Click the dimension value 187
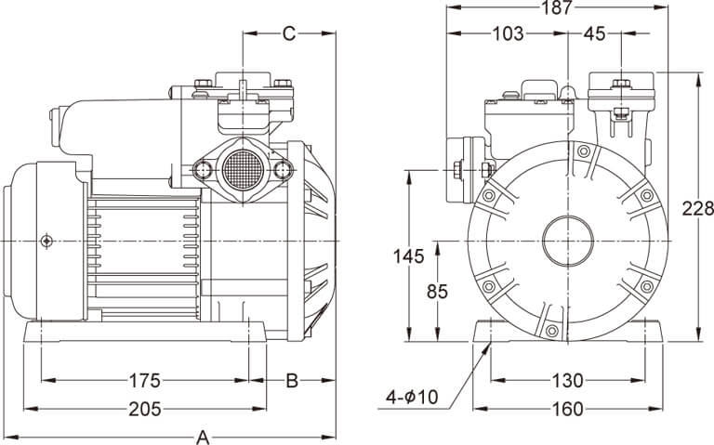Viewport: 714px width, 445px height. pyautogui.click(x=556, y=7)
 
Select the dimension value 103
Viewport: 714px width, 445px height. pyautogui.click(x=508, y=33)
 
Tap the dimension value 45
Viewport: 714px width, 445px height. pyautogui.click(x=594, y=33)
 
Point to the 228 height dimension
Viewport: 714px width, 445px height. pyautogui.click(x=697, y=208)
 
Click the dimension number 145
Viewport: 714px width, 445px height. pyautogui.click(x=408, y=256)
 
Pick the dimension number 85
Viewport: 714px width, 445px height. pyautogui.click(x=437, y=292)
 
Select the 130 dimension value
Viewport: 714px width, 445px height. pyautogui.click(x=567, y=380)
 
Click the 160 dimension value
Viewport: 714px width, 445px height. pyautogui.click(x=567, y=409)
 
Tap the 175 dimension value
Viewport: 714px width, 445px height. pyautogui.click(x=145, y=380)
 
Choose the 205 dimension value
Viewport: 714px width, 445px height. pyautogui.click(x=145, y=409)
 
